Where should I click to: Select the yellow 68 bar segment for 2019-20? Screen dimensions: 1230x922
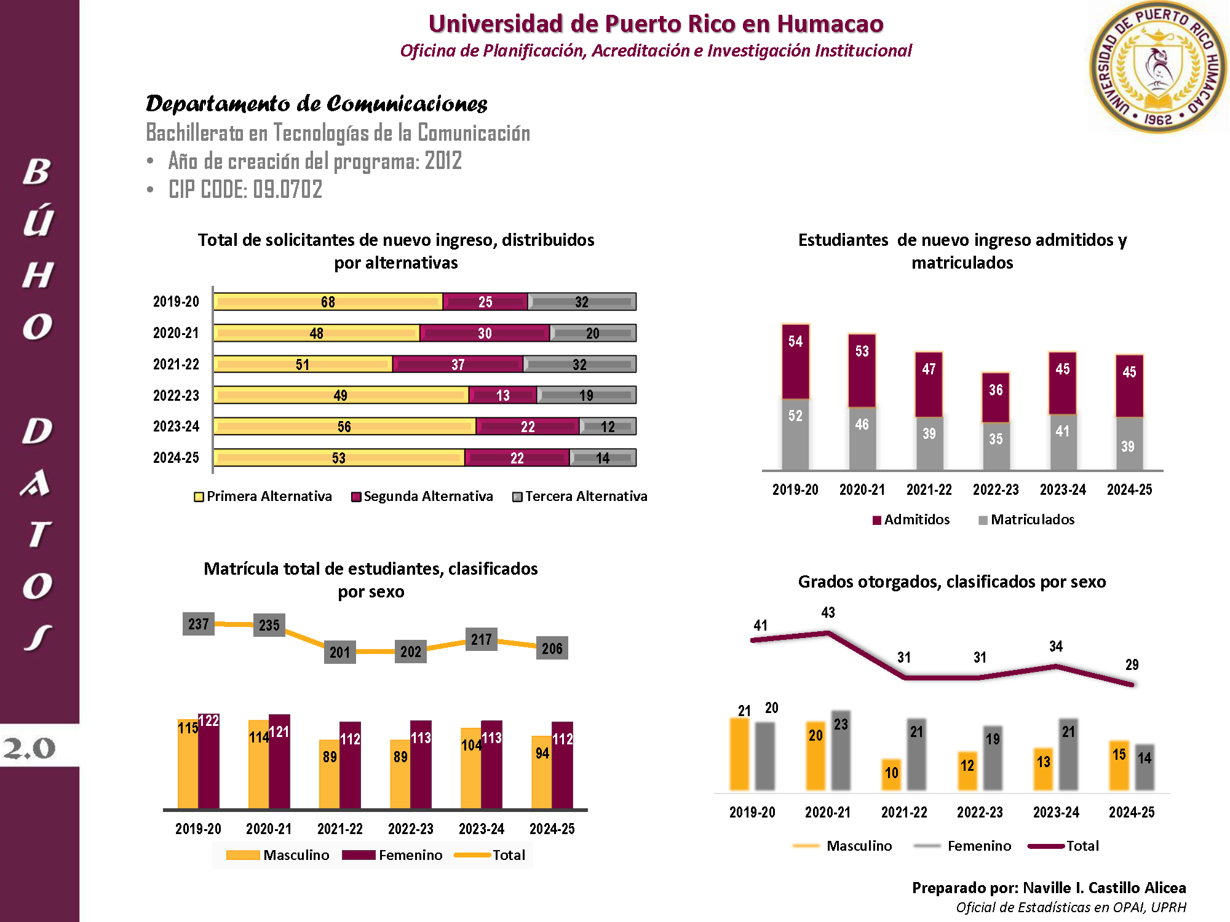pos(328,302)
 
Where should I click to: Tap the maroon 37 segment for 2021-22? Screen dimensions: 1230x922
pos(458,364)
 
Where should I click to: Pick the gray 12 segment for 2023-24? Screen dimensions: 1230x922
pos(608,427)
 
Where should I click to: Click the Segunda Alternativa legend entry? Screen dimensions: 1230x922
pos(422,496)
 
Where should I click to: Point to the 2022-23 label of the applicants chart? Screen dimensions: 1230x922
pos(176,395)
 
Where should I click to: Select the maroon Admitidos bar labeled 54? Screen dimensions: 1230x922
pos(795,361)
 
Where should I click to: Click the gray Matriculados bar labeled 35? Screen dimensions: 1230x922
pos(996,446)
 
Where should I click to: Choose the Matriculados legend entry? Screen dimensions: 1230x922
pos(1026,520)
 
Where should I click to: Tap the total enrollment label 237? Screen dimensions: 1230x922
pos(199,624)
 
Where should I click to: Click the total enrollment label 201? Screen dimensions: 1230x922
pos(339,652)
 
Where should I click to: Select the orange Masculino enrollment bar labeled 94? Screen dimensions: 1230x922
pos(542,773)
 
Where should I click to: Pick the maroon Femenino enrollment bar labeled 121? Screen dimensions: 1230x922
pos(279,762)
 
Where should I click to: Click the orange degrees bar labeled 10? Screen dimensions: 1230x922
pos(891,774)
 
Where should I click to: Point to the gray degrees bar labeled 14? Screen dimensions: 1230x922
pos(1145,768)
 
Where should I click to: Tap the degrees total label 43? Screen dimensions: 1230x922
pos(828,613)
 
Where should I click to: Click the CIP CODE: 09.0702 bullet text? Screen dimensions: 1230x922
pos(245,189)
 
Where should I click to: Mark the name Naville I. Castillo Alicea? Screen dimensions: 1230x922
pos(1104,888)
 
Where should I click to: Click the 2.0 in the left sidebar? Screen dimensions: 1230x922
pos(29,748)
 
